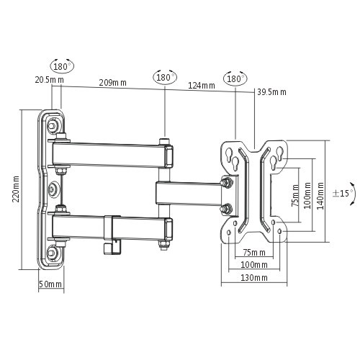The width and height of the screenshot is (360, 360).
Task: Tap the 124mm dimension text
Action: pos(202,86)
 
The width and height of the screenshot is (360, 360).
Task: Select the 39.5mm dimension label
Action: pos(271,91)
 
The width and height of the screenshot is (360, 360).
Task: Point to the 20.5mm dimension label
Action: pos(44,80)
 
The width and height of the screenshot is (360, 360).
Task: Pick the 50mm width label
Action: pos(50,284)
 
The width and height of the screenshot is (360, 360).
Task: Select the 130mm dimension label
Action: pos(254,277)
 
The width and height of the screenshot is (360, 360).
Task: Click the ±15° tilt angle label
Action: pos(341,194)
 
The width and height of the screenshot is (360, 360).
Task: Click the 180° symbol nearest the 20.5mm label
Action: pos(62,66)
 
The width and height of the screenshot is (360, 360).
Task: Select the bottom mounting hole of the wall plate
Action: pos(53,254)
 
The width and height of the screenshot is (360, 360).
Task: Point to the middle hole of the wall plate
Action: pos(53,190)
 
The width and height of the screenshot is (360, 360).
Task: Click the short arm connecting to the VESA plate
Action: pos(191,192)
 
